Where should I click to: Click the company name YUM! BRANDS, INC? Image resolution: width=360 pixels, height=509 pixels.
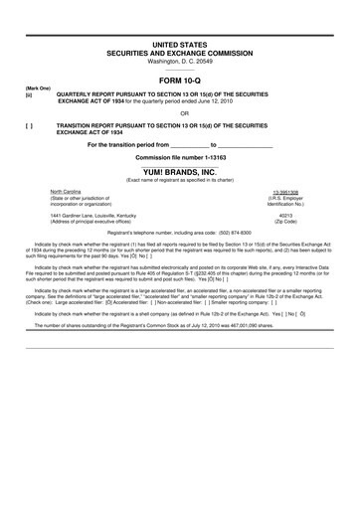click(180, 170)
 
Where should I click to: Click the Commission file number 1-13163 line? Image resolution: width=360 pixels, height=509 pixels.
click(180, 157)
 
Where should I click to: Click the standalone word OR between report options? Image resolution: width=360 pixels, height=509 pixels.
click(180, 111)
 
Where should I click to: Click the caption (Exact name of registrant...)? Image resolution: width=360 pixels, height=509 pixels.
click(180, 178)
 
